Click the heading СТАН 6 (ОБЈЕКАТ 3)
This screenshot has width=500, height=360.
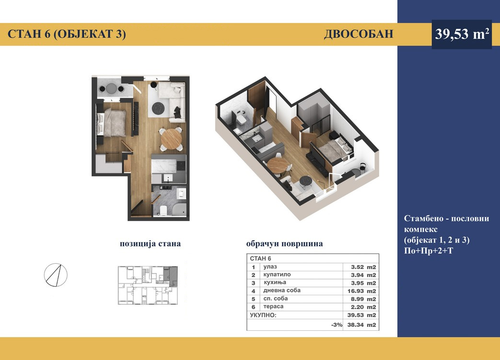click(67, 34)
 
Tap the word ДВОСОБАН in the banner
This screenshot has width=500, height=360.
click(359, 34)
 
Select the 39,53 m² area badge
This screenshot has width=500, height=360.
click(462, 34)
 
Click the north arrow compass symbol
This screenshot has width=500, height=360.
click(56, 275)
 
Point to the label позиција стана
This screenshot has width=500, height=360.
click(150, 244)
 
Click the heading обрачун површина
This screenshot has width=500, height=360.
click(284, 244)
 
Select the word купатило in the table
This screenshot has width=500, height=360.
click(277, 275)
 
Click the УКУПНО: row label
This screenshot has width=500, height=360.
click(263, 315)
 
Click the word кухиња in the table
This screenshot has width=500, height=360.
click(275, 282)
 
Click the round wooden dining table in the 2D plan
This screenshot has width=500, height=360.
click(171, 139)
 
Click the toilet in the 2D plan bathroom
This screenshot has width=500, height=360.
click(163, 211)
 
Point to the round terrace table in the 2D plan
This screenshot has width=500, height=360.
click(111, 88)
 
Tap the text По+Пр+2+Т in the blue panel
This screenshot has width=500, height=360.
click(428, 251)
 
